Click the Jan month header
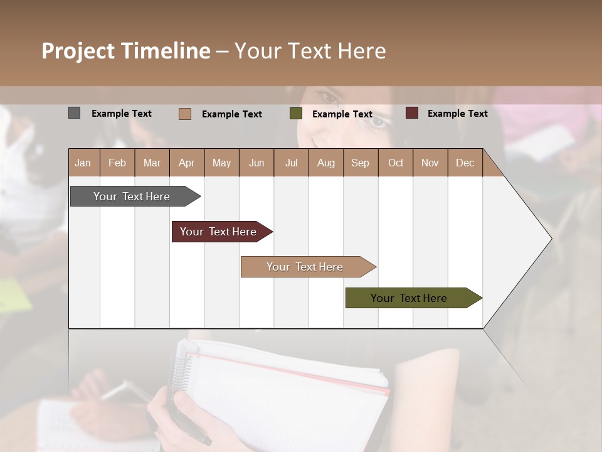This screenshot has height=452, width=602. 83,163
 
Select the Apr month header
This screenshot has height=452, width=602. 186,163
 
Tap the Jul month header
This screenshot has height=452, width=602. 291,163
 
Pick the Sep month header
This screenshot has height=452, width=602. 360,163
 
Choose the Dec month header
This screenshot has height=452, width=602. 465,163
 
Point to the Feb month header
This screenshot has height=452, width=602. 117,163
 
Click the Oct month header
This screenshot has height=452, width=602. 396,163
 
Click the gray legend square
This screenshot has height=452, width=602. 74,113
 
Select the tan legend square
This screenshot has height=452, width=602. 184,114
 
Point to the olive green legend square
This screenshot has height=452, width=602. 295,114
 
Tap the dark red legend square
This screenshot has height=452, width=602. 411,113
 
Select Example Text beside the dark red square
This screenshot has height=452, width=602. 457,114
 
